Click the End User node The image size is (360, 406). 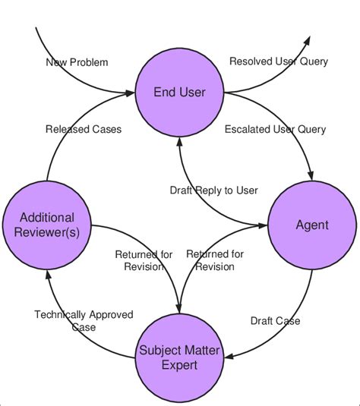pyautogui.click(x=179, y=93)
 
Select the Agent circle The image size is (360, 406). pyautogui.click(x=311, y=225)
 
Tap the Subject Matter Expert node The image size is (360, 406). pyautogui.click(x=179, y=357)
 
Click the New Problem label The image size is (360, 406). pyautogui.click(x=77, y=61)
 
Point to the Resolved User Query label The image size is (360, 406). pyautogui.click(x=279, y=61)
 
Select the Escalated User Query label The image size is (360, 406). pyautogui.click(x=275, y=129)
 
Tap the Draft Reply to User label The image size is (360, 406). pyautogui.click(x=213, y=190)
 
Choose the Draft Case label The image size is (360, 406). pyautogui.click(x=275, y=321)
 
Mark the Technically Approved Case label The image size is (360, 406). pyautogui.click(x=84, y=320)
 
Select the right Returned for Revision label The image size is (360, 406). pyautogui.click(x=215, y=260)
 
